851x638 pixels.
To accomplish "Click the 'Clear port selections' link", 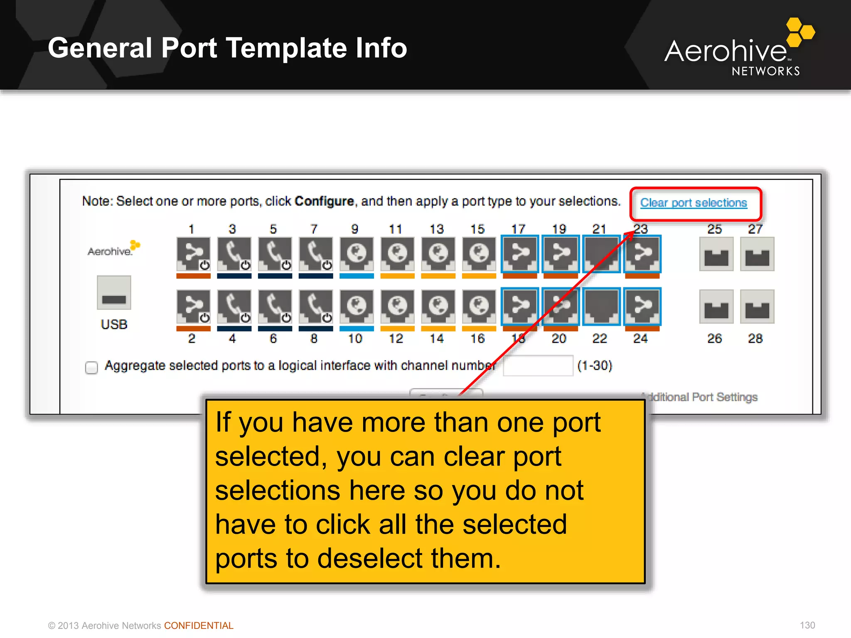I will pyautogui.click(x=693, y=203).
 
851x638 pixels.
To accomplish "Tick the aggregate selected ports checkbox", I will pyautogui.click(x=91, y=367).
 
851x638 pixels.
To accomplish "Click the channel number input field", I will pyautogui.click(x=538, y=366).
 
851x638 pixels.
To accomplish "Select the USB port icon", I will pyautogui.click(x=114, y=293).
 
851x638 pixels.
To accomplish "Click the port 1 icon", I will pyautogui.click(x=193, y=254).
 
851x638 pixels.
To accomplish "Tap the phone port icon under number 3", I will pyautogui.click(x=234, y=254).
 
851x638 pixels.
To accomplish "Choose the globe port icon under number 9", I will pyautogui.click(x=357, y=254).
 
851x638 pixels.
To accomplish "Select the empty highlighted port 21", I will pyautogui.click(x=601, y=254).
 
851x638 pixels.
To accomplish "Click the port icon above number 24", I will pyautogui.click(x=642, y=307).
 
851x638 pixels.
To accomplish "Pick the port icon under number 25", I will pyautogui.click(x=716, y=254).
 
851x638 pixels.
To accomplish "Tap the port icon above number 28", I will pyautogui.click(x=757, y=307).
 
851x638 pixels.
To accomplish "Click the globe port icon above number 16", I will pyautogui.click(x=479, y=307).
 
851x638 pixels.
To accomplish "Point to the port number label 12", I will pyautogui.click(x=396, y=339).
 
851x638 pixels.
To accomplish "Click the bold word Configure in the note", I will pyautogui.click(x=324, y=201).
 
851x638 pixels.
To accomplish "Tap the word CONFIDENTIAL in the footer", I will pyautogui.click(x=199, y=626).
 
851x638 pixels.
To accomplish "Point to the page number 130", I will pyautogui.click(x=807, y=625).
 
